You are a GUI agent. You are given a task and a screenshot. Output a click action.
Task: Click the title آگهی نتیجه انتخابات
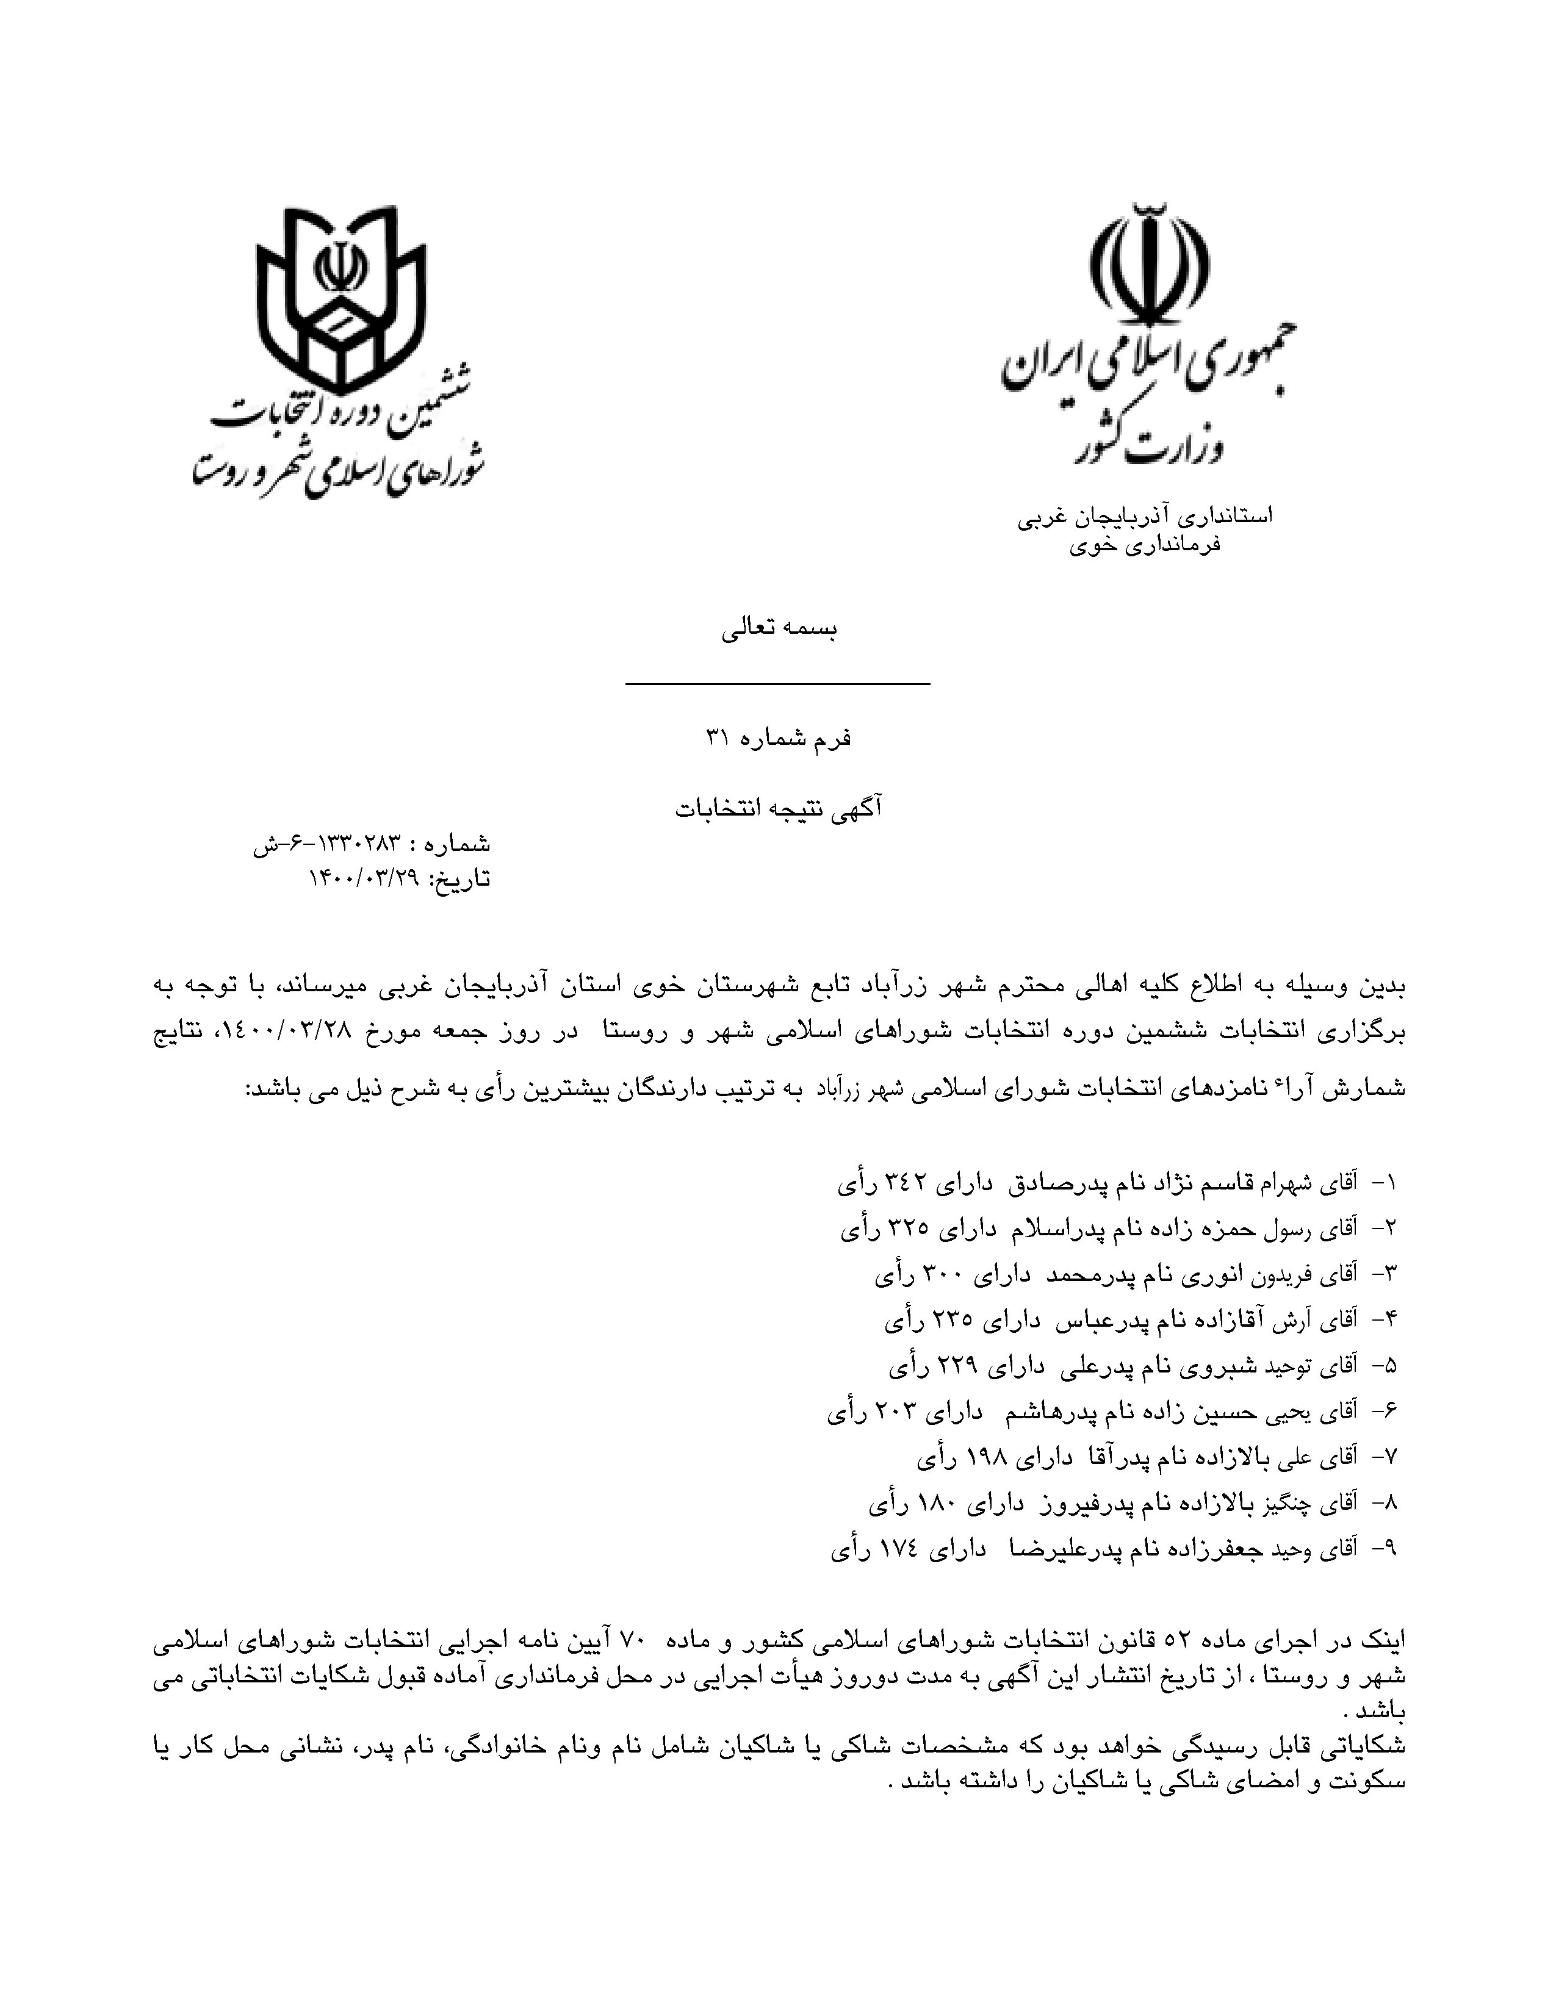click(x=779, y=808)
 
